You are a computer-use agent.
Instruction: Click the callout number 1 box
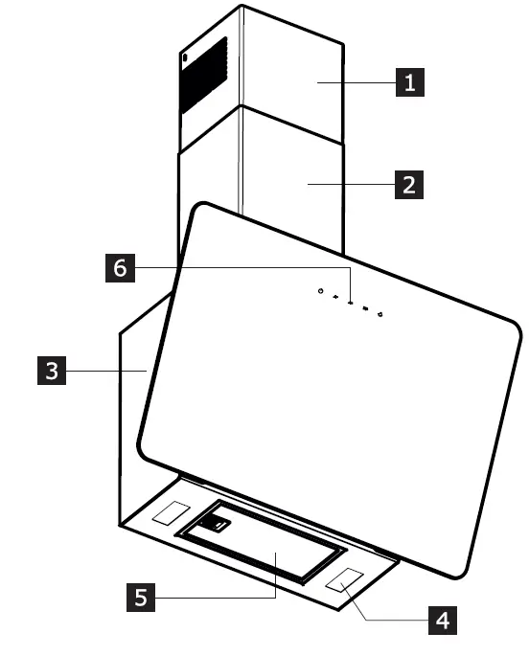click(409, 83)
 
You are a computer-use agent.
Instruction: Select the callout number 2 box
click(409, 184)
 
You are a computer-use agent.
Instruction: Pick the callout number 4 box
click(441, 620)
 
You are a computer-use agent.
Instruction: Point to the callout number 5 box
click(141, 599)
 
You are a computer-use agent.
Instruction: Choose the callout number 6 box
click(119, 267)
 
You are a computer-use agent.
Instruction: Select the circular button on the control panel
click(320, 292)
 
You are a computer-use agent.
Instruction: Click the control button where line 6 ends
click(351, 304)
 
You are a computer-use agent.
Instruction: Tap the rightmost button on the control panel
click(380, 314)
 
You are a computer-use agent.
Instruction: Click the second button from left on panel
click(335, 298)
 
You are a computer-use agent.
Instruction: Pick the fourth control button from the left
click(366, 309)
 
